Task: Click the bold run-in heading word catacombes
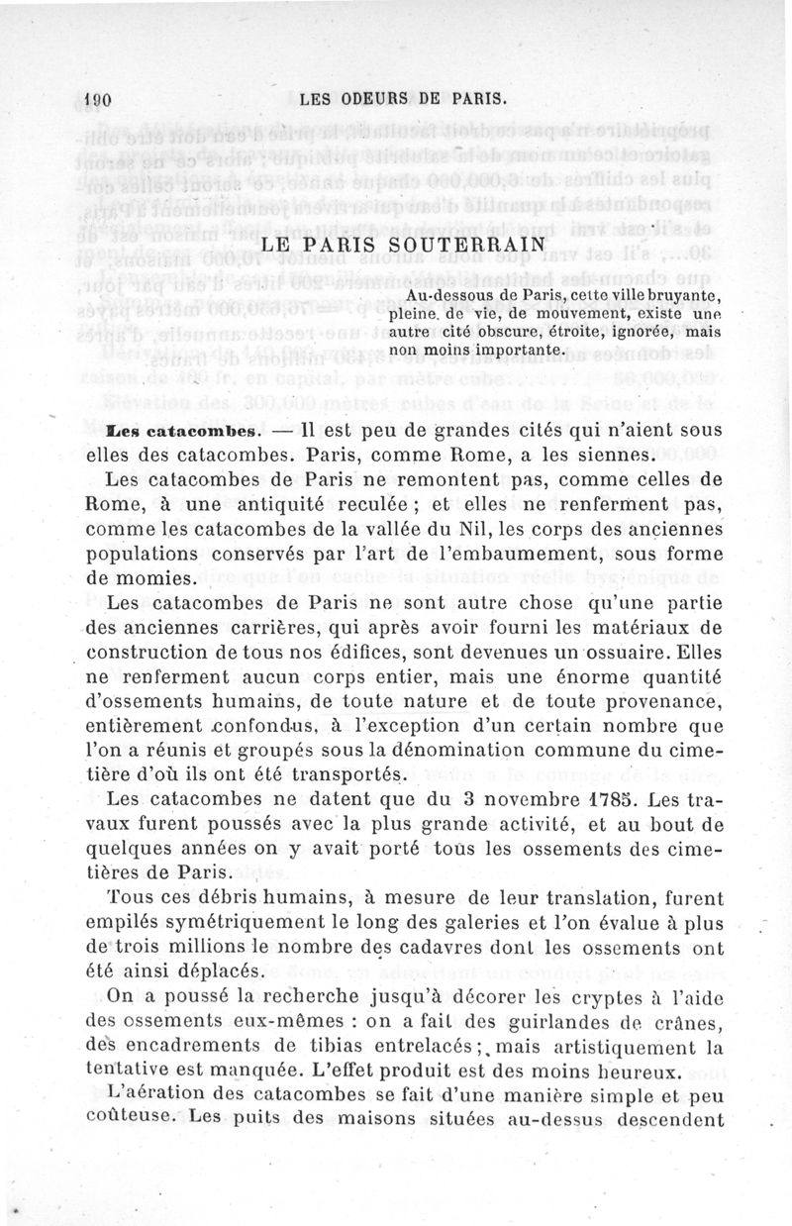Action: click(204, 432)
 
